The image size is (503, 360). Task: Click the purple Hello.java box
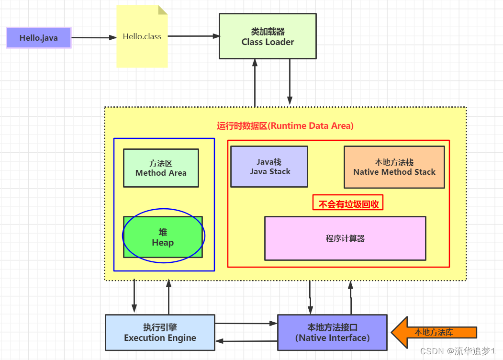click(39, 38)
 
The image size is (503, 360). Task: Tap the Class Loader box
click(268, 36)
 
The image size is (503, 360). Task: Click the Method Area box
click(161, 168)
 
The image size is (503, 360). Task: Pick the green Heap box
click(163, 237)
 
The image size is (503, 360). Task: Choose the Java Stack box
click(269, 167)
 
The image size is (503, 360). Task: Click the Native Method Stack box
click(394, 167)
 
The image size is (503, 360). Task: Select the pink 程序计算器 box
click(345, 238)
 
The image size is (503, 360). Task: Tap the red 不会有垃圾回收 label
click(348, 203)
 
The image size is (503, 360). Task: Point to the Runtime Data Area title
click(285, 126)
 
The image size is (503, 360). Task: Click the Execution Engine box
click(160, 333)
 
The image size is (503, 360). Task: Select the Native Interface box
click(332, 333)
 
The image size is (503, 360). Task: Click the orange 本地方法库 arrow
click(433, 332)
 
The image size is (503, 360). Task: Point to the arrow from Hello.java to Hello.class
click(94, 38)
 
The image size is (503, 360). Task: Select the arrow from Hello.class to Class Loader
click(193, 36)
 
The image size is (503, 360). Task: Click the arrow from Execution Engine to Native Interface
click(246, 324)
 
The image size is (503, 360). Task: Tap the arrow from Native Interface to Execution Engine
click(246, 340)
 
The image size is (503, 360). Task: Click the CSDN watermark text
click(458, 351)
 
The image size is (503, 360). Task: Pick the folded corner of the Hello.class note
click(163, 10)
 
